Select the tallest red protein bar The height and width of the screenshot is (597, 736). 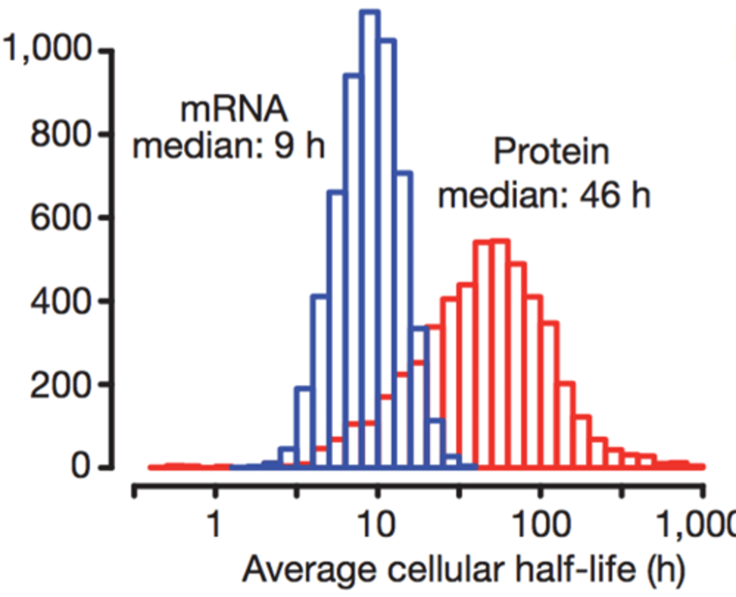(x=499, y=352)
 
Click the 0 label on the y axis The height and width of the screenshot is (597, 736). (x=81, y=466)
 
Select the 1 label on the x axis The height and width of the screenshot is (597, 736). (x=215, y=524)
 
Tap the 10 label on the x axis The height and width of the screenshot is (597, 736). (x=377, y=524)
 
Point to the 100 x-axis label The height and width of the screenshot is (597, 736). (x=540, y=524)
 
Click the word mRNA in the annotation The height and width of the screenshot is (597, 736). (x=234, y=109)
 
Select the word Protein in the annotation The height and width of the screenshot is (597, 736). (x=551, y=152)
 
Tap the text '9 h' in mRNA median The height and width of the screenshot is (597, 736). (x=300, y=146)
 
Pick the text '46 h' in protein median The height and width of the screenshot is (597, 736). (x=615, y=195)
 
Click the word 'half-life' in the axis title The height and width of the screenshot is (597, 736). (x=576, y=569)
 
